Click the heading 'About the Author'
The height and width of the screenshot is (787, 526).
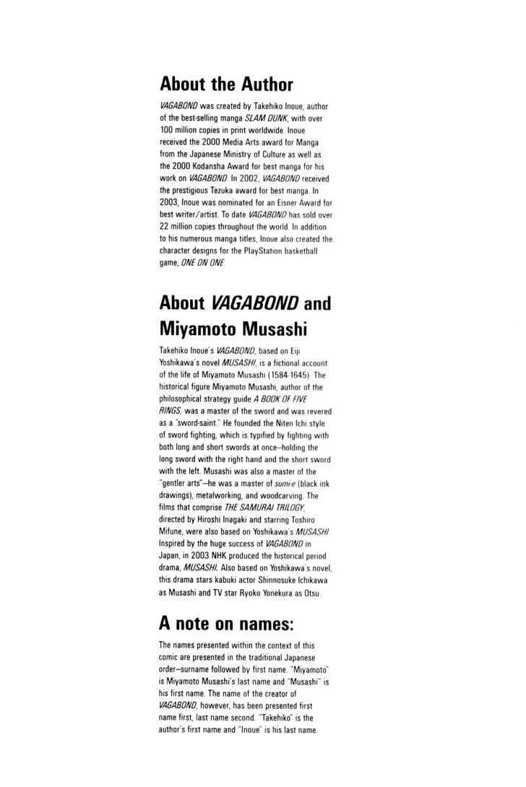[x=226, y=83]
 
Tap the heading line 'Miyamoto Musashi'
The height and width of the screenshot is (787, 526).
[x=233, y=329]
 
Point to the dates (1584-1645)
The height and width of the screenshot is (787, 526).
[x=289, y=375]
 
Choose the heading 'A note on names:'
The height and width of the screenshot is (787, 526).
[x=226, y=623]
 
